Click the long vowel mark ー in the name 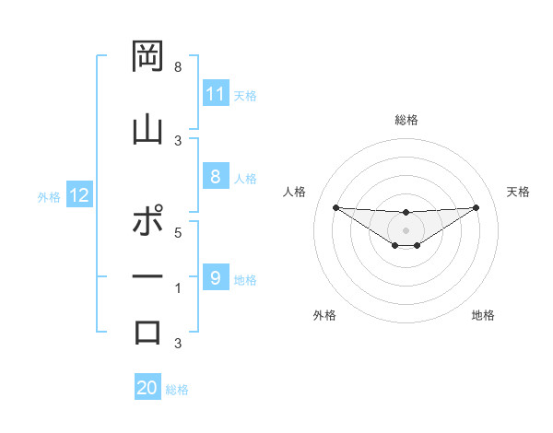pos(147,276)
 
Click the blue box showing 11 pos(216,94)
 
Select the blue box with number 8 pos(216,177)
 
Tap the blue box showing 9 pos(216,277)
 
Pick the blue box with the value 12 pos(79,195)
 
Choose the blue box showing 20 pos(147,388)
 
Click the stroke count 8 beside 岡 pos(177,67)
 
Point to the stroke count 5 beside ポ pos(177,232)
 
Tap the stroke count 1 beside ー pos(177,287)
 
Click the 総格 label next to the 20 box pos(178,390)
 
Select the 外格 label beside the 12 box pos(49,196)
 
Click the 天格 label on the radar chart pos(518,192)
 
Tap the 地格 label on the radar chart pos(483,315)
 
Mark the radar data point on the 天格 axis pos(476,207)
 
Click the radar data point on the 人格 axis pos(335,207)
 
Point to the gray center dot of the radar pos(406,229)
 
